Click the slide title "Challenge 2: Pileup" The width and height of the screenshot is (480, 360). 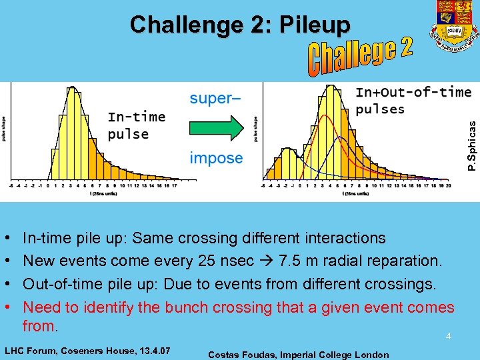[x=240, y=25]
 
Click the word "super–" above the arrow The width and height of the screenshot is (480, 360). [x=215, y=99]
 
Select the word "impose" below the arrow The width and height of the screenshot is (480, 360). [x=216, y=158]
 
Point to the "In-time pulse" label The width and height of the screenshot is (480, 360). [x=136, y=125]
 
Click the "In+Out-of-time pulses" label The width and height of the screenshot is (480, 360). [x=413, y=100]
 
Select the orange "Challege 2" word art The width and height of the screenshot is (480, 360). [x=361, y=57]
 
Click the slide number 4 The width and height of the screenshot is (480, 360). [x=449, y=337]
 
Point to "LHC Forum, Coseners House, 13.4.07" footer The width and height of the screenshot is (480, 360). [x=87, y=350]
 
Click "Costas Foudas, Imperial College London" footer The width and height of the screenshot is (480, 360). [x=299, y=355]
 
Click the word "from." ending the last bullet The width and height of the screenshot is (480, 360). [x=41, y=326]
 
